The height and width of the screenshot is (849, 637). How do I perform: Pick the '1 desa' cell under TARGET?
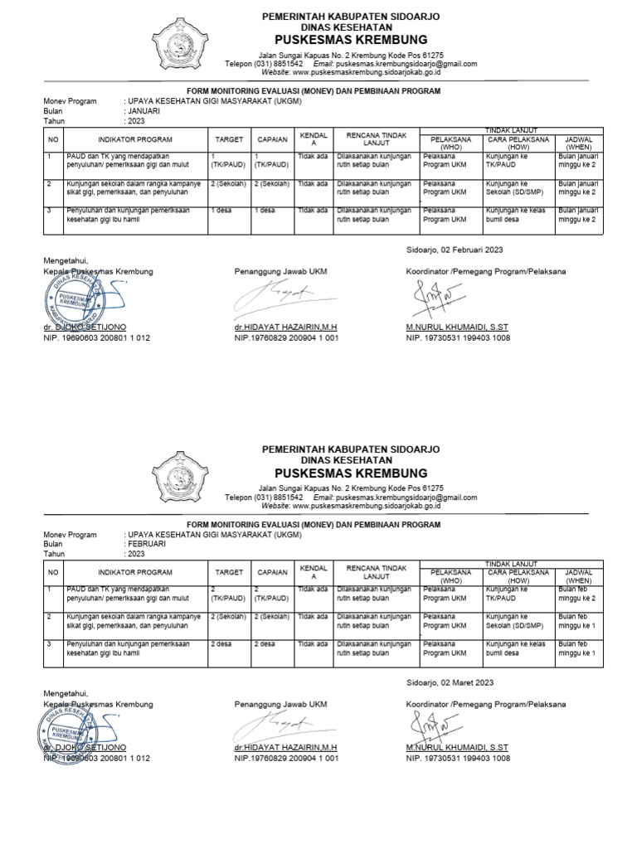coord(221,211)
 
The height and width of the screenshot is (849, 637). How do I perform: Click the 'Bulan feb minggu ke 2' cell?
coord(577,594)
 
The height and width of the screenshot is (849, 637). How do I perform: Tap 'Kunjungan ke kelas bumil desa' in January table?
coord(514,215)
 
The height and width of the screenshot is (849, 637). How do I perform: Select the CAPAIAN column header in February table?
coord(272,572)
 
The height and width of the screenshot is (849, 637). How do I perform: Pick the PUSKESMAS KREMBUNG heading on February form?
coord(351,474)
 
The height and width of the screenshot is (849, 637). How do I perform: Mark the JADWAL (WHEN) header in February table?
coord(577,576)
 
